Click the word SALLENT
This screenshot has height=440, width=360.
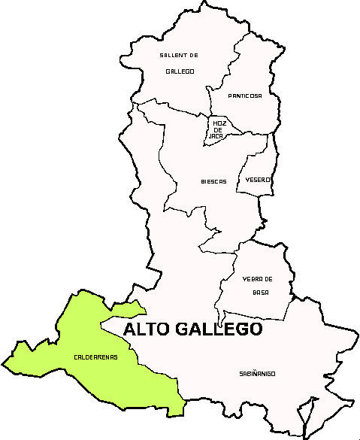172,56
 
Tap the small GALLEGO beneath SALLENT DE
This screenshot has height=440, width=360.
180,71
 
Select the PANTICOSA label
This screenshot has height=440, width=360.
246,96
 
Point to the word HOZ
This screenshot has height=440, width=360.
219,123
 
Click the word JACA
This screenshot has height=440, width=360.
217,136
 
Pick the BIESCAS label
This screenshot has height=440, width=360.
214,181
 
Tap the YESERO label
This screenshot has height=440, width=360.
258,181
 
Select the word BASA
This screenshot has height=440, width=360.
261,293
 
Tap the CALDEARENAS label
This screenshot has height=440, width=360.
95,357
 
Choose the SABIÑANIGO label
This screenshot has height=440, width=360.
258,373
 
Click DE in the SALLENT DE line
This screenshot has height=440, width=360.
193,56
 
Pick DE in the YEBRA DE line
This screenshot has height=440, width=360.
268,279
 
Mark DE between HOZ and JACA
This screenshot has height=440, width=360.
218,129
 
